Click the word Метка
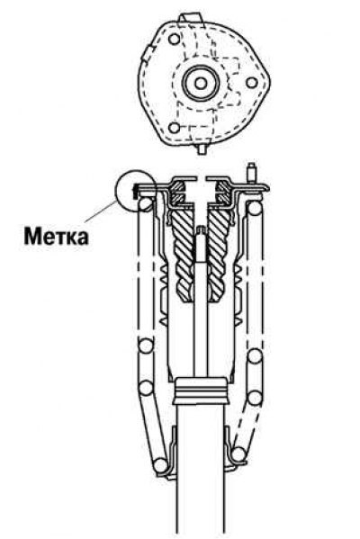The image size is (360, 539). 56,236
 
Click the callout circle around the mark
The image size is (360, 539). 116,191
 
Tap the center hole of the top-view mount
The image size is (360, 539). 201,83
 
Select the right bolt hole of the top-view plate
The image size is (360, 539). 252,83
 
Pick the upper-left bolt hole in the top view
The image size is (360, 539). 175,39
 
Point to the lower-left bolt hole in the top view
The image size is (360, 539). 175,128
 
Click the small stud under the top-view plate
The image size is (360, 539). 202,149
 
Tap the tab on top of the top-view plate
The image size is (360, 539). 190,19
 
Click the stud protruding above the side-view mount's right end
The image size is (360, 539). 252,173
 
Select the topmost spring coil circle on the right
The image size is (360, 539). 255,208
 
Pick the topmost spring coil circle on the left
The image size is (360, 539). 146,204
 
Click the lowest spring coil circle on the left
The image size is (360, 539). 160,465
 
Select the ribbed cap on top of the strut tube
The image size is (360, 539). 201,391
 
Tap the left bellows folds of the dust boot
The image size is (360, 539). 165,296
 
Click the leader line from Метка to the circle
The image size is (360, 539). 101,211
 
